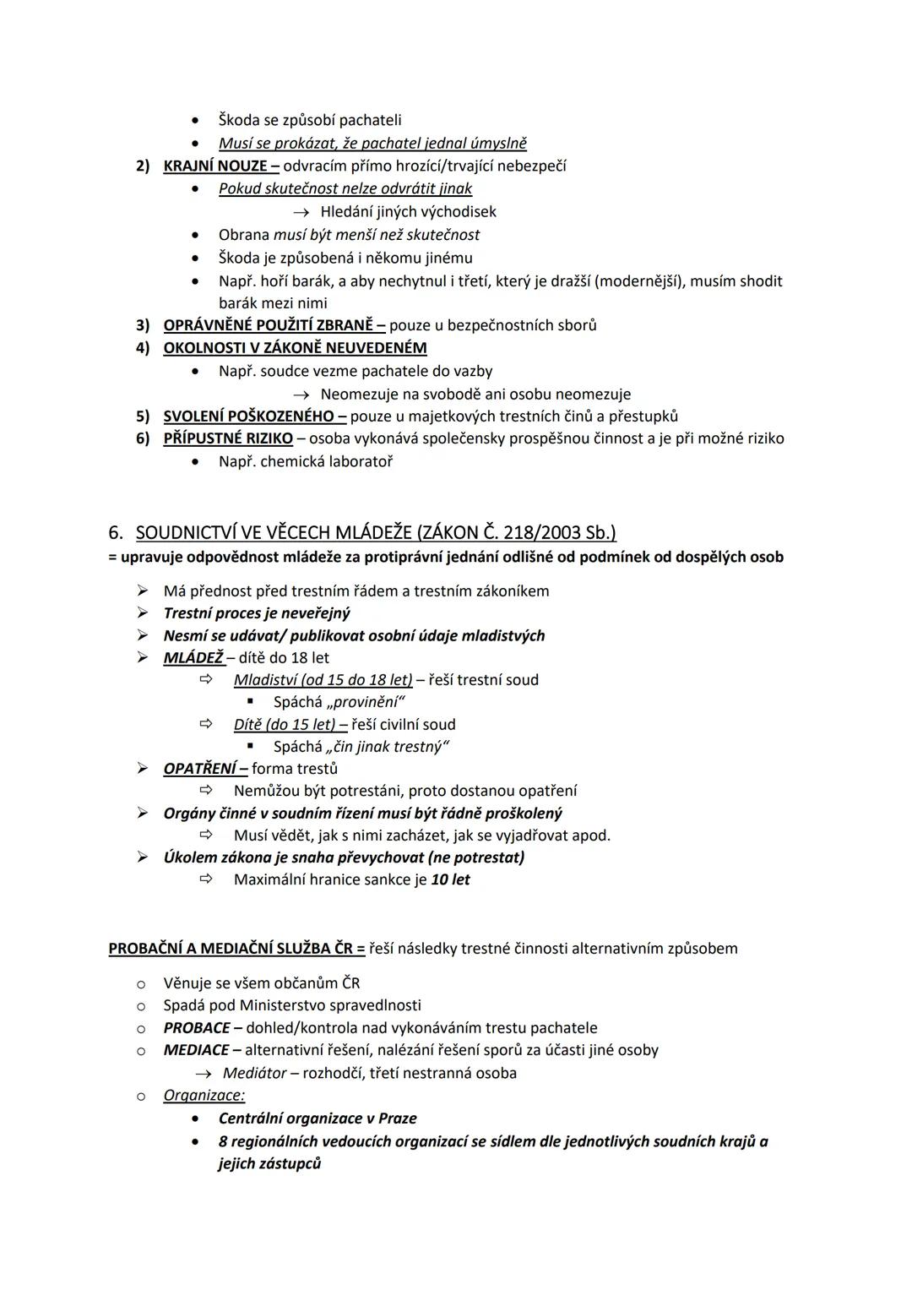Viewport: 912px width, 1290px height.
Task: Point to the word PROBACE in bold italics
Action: [197, 1028]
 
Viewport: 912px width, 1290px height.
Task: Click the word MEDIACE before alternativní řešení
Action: [196, 1050]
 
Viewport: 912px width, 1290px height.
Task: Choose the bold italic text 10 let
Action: [450, 879]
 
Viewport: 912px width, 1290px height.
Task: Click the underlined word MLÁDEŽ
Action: [193, 657]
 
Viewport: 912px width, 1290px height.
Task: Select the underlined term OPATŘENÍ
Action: [200, 769]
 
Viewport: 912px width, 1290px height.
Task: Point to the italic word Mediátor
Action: [254, 1073]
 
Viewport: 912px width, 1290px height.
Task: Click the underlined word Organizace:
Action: [204, 1096]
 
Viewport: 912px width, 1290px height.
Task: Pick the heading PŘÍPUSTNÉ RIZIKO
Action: [228, 438]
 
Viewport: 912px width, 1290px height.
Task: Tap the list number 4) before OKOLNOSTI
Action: [143, 348]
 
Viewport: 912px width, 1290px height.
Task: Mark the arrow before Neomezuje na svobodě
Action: [301, 395]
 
